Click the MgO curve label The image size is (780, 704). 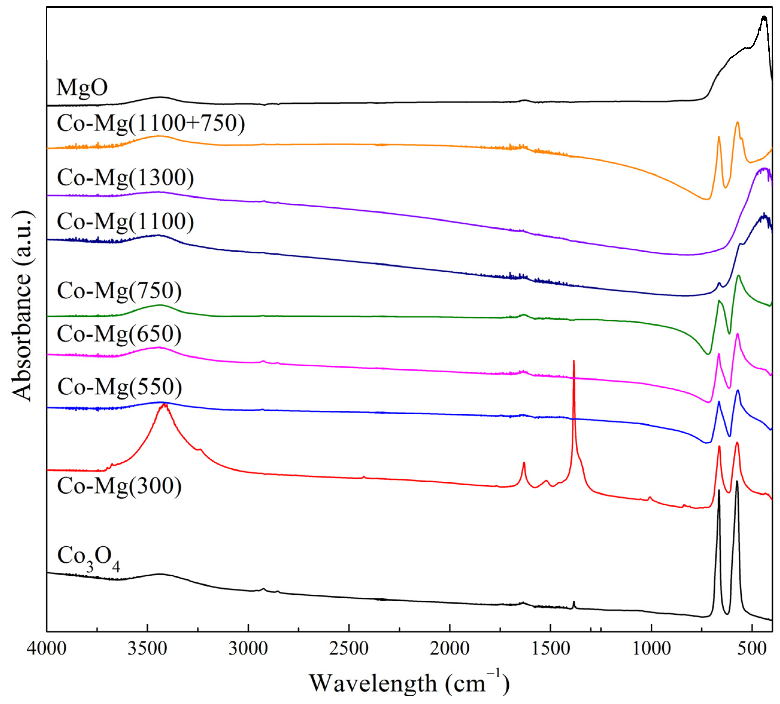82,87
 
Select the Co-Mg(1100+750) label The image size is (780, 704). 151,123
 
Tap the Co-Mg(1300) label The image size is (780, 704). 125,178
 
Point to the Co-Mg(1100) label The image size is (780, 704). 125,222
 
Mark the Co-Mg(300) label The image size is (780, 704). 119,486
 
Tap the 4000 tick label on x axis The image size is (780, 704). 46,649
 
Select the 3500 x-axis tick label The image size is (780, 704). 147,649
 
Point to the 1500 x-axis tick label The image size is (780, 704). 550,649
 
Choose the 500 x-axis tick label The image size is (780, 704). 752,649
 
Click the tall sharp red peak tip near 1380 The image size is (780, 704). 574,361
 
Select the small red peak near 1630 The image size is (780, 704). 524,462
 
